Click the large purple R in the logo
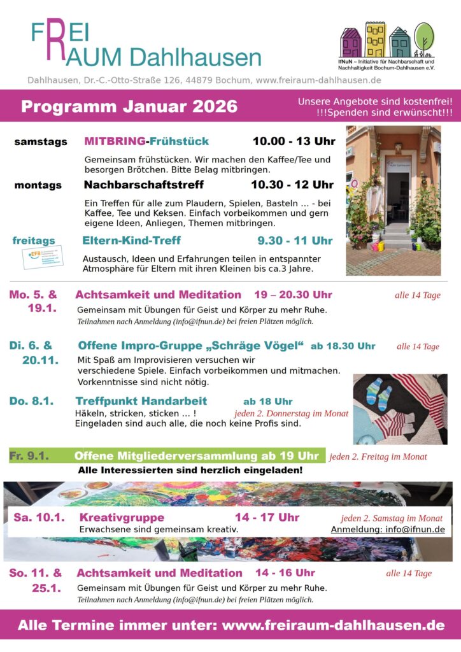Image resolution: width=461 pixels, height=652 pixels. coord(55,43)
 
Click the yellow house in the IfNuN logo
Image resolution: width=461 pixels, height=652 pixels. coord(376,39)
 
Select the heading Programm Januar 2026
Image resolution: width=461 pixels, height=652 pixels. coord(129,106)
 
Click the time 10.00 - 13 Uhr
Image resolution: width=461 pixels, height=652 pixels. coord(294,141)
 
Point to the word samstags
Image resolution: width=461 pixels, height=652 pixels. coord(41,142)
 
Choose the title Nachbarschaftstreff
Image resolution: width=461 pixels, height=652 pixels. coord(144,185)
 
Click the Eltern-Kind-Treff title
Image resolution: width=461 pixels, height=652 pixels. coord(132,241)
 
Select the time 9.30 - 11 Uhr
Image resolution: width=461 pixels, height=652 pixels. coord(295,241)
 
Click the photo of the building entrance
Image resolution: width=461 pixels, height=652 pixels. coord(393,200)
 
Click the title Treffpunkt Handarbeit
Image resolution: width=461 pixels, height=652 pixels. coord(141,401)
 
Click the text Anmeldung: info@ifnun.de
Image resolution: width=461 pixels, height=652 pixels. coord(388,530)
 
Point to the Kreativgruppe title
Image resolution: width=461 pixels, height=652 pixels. coord(122,518)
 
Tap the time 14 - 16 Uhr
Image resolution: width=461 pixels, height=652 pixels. coord(285,573)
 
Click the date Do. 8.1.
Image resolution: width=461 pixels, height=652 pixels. coord(31,401)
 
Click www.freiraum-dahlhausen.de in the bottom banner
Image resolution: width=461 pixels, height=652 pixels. coord(333,625)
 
